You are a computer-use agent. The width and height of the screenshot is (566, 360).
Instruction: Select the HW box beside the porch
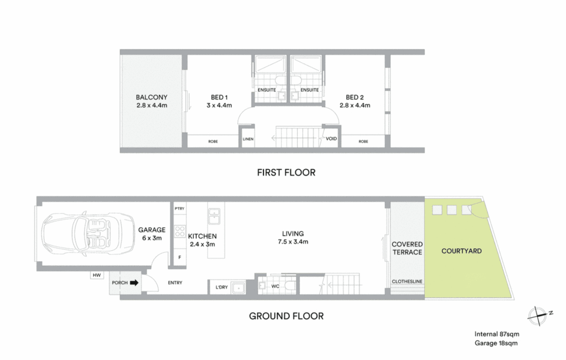97,275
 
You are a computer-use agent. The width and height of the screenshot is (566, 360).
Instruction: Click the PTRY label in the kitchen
179,208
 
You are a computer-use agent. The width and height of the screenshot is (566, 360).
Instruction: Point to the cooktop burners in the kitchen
180,231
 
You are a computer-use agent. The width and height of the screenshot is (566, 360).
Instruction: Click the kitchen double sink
214,216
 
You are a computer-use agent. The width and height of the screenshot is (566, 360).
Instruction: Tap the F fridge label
180,258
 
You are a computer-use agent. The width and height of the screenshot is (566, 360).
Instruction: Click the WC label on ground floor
275,286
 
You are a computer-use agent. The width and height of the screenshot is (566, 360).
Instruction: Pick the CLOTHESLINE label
407,282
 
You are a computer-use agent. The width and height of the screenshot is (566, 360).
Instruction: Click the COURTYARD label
461,251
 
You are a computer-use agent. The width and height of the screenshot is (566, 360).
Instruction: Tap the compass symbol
537,316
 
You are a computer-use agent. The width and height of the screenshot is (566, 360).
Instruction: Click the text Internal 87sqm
497,334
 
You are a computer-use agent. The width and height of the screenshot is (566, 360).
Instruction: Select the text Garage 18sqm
496,343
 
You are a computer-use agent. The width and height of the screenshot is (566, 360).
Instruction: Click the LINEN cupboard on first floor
248,139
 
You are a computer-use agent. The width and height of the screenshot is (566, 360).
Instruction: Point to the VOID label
331,139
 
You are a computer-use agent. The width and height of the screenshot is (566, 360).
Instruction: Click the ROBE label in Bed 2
363,142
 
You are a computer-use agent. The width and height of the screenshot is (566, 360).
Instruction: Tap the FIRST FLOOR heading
286,172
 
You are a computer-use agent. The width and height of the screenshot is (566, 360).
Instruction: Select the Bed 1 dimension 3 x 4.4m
219,106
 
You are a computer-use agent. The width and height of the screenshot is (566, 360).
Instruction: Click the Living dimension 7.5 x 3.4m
293,242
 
